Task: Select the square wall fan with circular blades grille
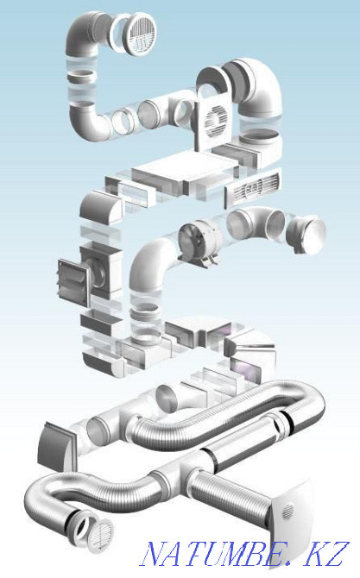(x=212, y=123)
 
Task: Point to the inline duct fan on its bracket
(x=199, y=240)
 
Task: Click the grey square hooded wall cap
(x=57, y=447)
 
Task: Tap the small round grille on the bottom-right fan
(x=287, y=512)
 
